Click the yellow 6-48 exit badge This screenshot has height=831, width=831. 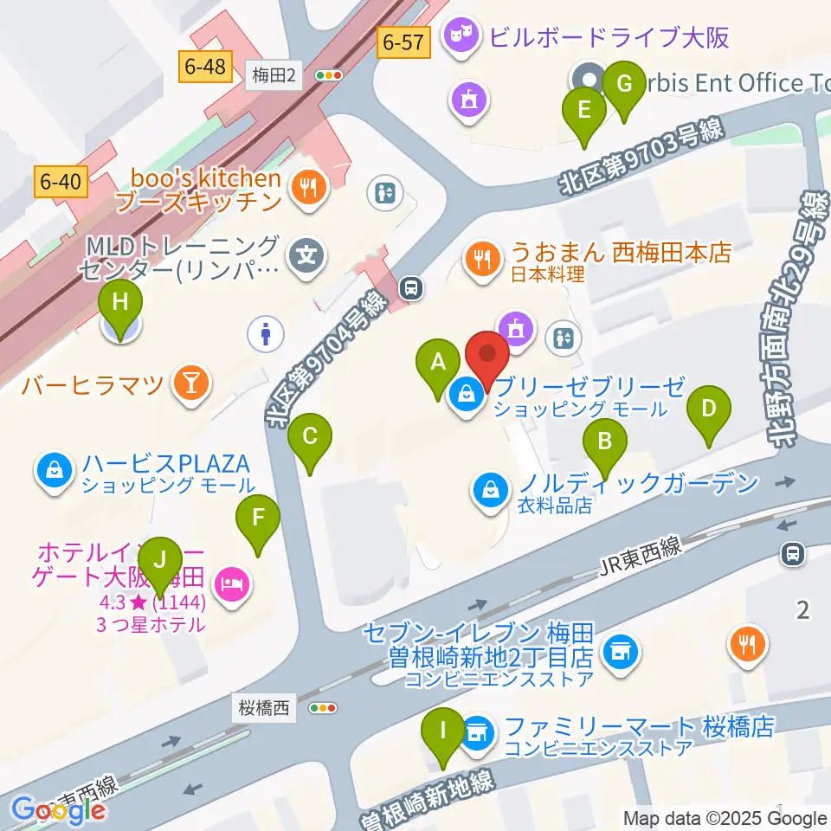(205, 65)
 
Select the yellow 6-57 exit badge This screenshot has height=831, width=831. (403, 40)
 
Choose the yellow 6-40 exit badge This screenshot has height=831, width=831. (61, 181)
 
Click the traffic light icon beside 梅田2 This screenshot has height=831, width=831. (328, 76)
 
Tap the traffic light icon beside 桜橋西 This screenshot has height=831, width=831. (322, 708)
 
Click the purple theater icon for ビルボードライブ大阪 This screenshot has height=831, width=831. (460, 36)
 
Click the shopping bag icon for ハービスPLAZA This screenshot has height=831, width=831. (54, 473)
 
